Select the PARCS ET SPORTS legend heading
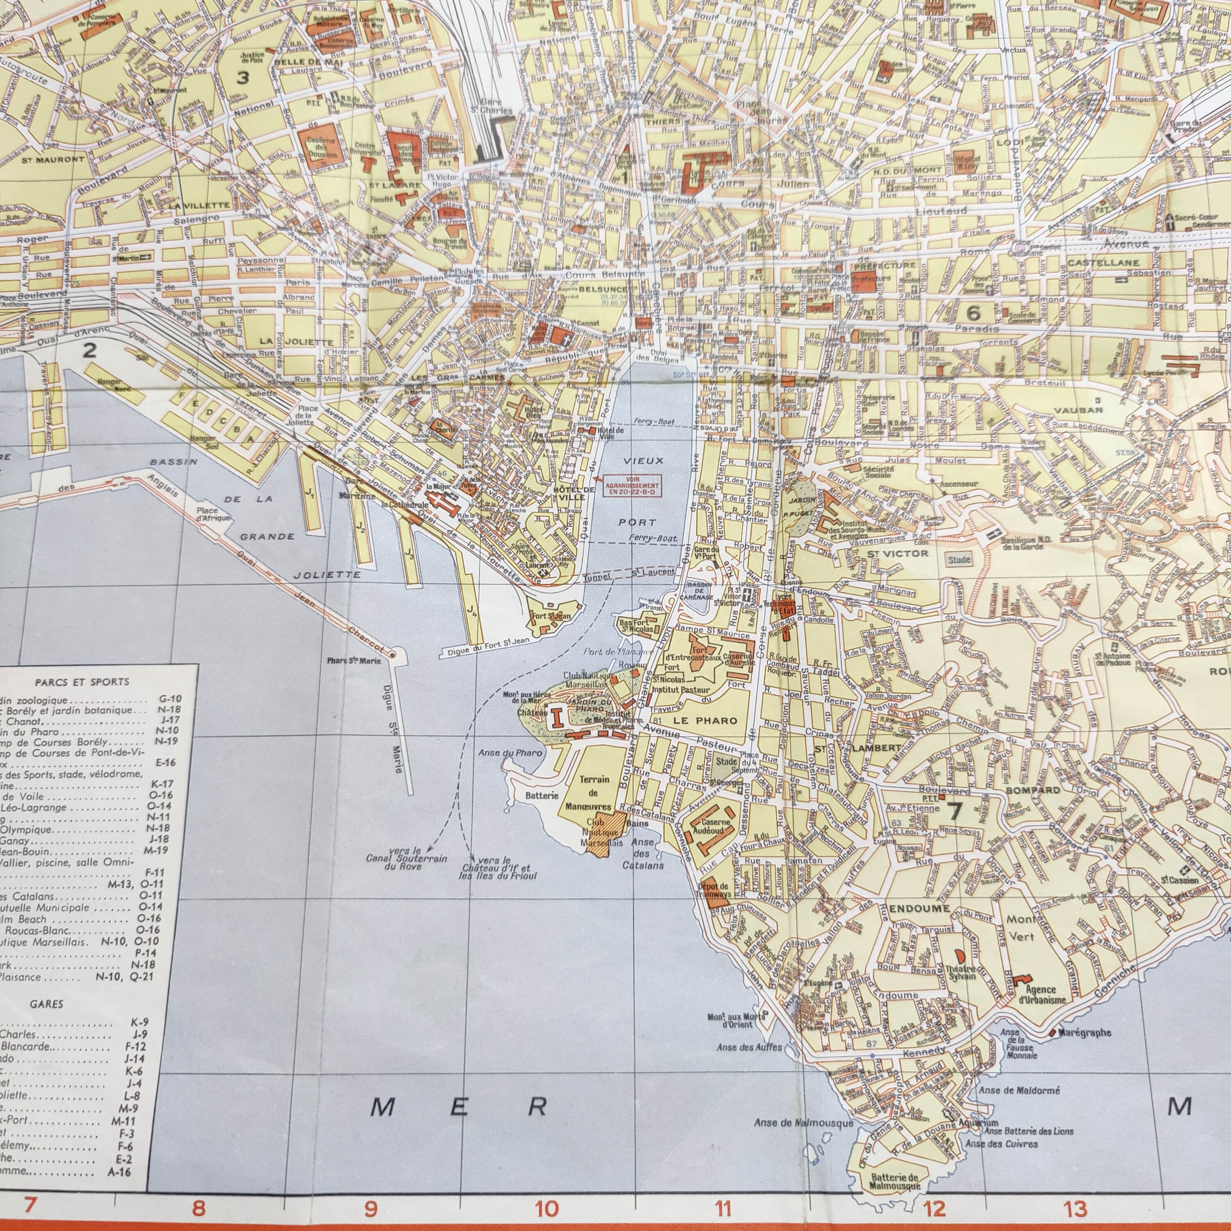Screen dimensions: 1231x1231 [x=82, y=682]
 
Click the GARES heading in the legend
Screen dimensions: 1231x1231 [x=46, y=1004]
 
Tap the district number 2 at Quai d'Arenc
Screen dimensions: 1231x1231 [x=90, y=349]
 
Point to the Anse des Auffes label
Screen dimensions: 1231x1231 [x=749, y=1047]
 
